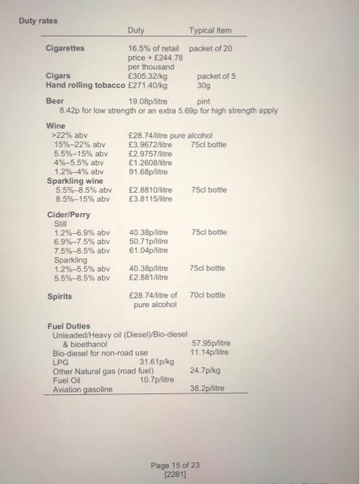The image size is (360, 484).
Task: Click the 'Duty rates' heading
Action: [38, 21]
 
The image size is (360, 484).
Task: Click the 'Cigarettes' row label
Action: [65, 48]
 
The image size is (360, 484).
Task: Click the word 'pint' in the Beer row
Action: [203, 100]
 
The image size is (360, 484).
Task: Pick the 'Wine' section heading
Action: [55, 125]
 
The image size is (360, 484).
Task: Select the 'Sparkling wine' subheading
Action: [75, 180]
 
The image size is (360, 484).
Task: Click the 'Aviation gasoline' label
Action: [82, 389]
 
